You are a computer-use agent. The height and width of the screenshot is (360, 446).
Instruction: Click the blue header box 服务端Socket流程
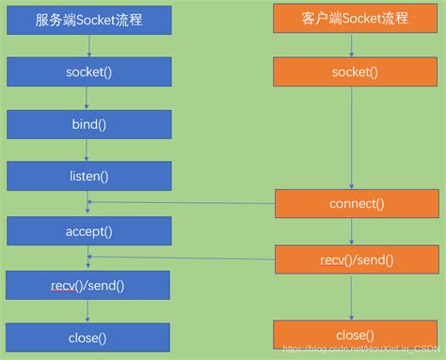pyautogui.click(x=88, y=19)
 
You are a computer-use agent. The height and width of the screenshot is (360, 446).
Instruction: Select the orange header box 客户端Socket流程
pyautogui.click(x=353, y=19)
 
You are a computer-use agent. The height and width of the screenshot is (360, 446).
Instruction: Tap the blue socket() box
pyautogui.click(x=88, y=71)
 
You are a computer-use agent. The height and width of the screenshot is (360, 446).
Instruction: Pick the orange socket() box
pyautogui.click(x=353, y=71)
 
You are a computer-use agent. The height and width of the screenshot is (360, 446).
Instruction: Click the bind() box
pyautogui.click(x=88, y=124)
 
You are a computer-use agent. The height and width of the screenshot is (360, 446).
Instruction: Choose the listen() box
pyautogui.click(x=88, y=176)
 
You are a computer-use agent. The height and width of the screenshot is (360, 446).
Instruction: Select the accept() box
pyautogui.click(x=88, y=229)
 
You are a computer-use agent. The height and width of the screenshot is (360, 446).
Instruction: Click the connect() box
pyautogui.click(x=353, y=203)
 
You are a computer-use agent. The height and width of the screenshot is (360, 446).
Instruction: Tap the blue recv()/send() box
pyautogui.click(x=88, y=284)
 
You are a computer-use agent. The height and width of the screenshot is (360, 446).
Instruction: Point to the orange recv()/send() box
pyautogui.click(x=353, y=258)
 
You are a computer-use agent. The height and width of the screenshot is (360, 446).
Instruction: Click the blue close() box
pyautogui.click(x=88, y=337)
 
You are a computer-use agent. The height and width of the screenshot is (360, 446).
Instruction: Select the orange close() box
pyautogui.click(x=353, y=335)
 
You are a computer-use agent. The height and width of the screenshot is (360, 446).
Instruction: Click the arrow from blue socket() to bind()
pyautogui.click(x=88, y=98)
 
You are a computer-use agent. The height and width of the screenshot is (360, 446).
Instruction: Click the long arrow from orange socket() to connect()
pyautogui.click(x=353, y=137)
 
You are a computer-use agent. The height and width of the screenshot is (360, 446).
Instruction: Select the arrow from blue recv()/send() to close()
pyautogui.click(x=88, y=310)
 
